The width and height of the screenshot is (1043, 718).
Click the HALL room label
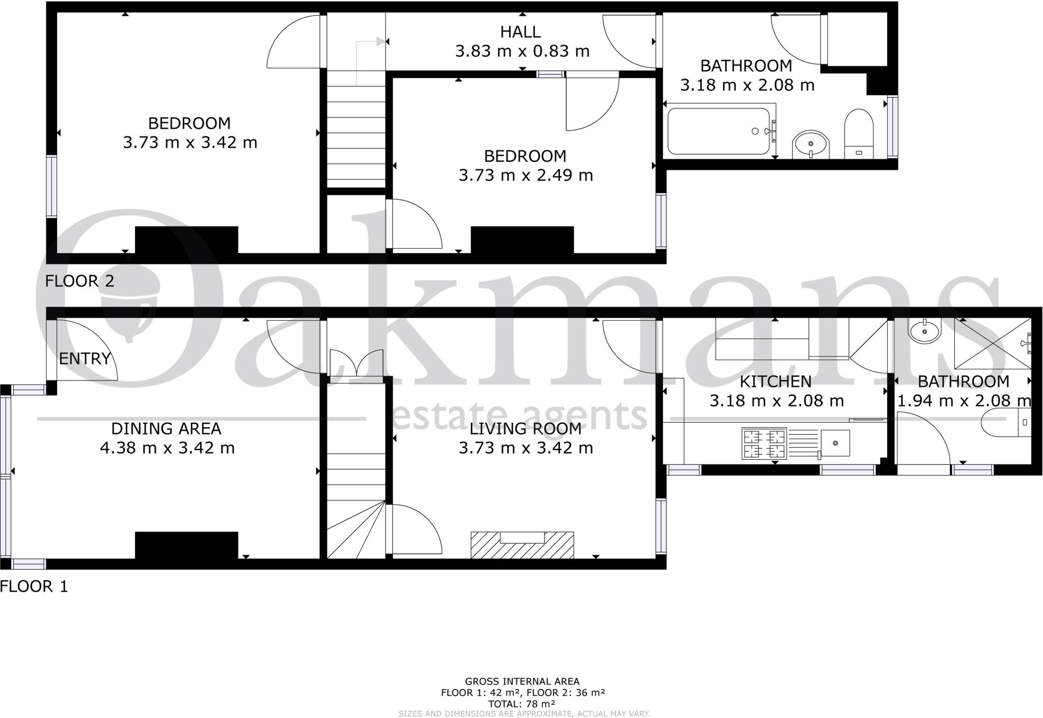pyautogui.click(x=520, y=32)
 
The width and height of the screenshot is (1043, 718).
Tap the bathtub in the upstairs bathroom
pyautogui.click(x=719, y=131)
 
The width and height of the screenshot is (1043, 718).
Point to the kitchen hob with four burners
pyautogui.click(x=764, y=443)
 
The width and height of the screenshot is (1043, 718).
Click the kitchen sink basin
pyautogui.click(x=835, y=443)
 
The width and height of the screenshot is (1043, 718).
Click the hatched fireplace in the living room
pyautogui.click(x=522, y=545)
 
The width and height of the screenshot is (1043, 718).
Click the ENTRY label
pyautogui.click(x=85, y=358)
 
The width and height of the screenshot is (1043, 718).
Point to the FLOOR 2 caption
pyautogui.click(x=79, y=281)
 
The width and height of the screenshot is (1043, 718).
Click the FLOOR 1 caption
pyautogui.click(x=34, y=586)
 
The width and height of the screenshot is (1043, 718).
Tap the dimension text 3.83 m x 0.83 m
pyautogui.click(x=522, y=51)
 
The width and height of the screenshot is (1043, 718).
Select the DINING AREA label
pyautogui.click(x=166, y=429)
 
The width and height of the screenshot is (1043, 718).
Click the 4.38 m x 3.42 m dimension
pyautogui.click(x=167, y=448)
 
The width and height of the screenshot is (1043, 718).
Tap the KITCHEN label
pyautogui.click(x=775, y=381)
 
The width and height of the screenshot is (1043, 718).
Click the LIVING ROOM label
pyautogui.click(x=525, y=429)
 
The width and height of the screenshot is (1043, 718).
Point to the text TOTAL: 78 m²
pyautogui.click(x=522, y=704)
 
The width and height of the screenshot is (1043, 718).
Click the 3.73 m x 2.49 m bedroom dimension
pyautogui.click(x=526, y=175)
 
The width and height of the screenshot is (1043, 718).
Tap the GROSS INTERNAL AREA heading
pyautogui.click(x=522, y=681)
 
